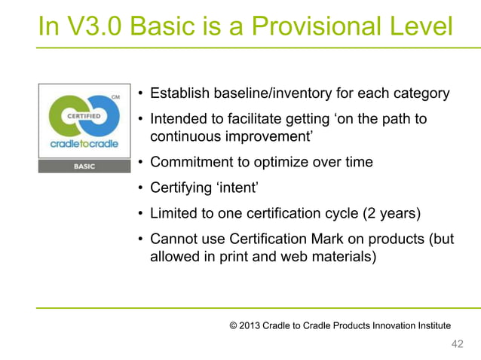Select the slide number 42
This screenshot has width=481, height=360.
tap(456, 344)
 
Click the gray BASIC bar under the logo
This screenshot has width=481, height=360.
tap(84, 166)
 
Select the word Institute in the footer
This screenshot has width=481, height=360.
tap(430, 325)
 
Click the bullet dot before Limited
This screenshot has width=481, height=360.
tap(141, 214)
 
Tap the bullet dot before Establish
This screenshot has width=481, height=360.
tap(141, 95)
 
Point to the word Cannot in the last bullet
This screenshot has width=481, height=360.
tap(174, 239)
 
